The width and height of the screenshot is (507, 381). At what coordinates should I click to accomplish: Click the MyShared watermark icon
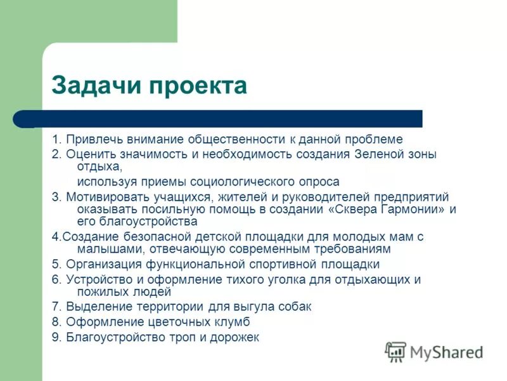[x=395, y=351]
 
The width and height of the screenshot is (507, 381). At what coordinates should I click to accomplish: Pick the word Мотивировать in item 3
[x=104, y=196]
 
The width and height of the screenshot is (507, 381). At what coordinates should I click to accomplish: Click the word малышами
[x=102, y=249]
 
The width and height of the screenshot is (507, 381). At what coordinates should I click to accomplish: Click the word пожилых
[x=101, y=292]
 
